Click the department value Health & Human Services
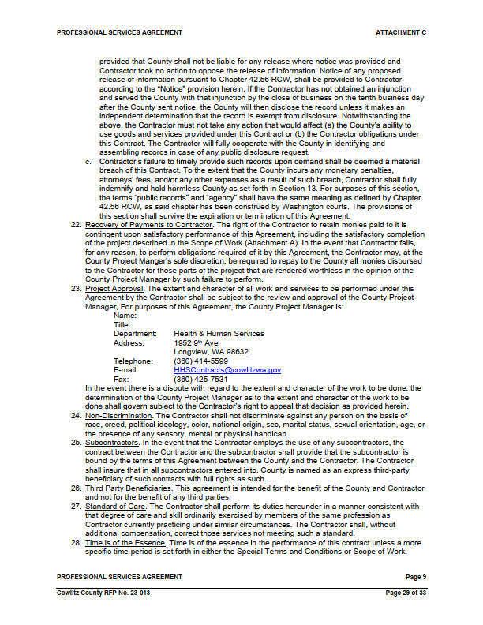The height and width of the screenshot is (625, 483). click(219, 333)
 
